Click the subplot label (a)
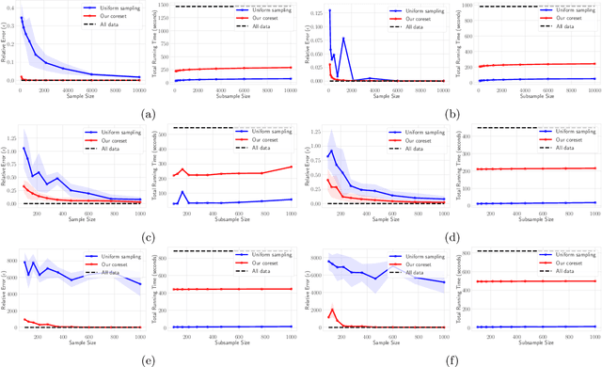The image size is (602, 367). coord(149,113)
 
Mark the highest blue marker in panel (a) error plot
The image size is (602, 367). coord(22,17)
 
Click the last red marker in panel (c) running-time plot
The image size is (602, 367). coord(293,167)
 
